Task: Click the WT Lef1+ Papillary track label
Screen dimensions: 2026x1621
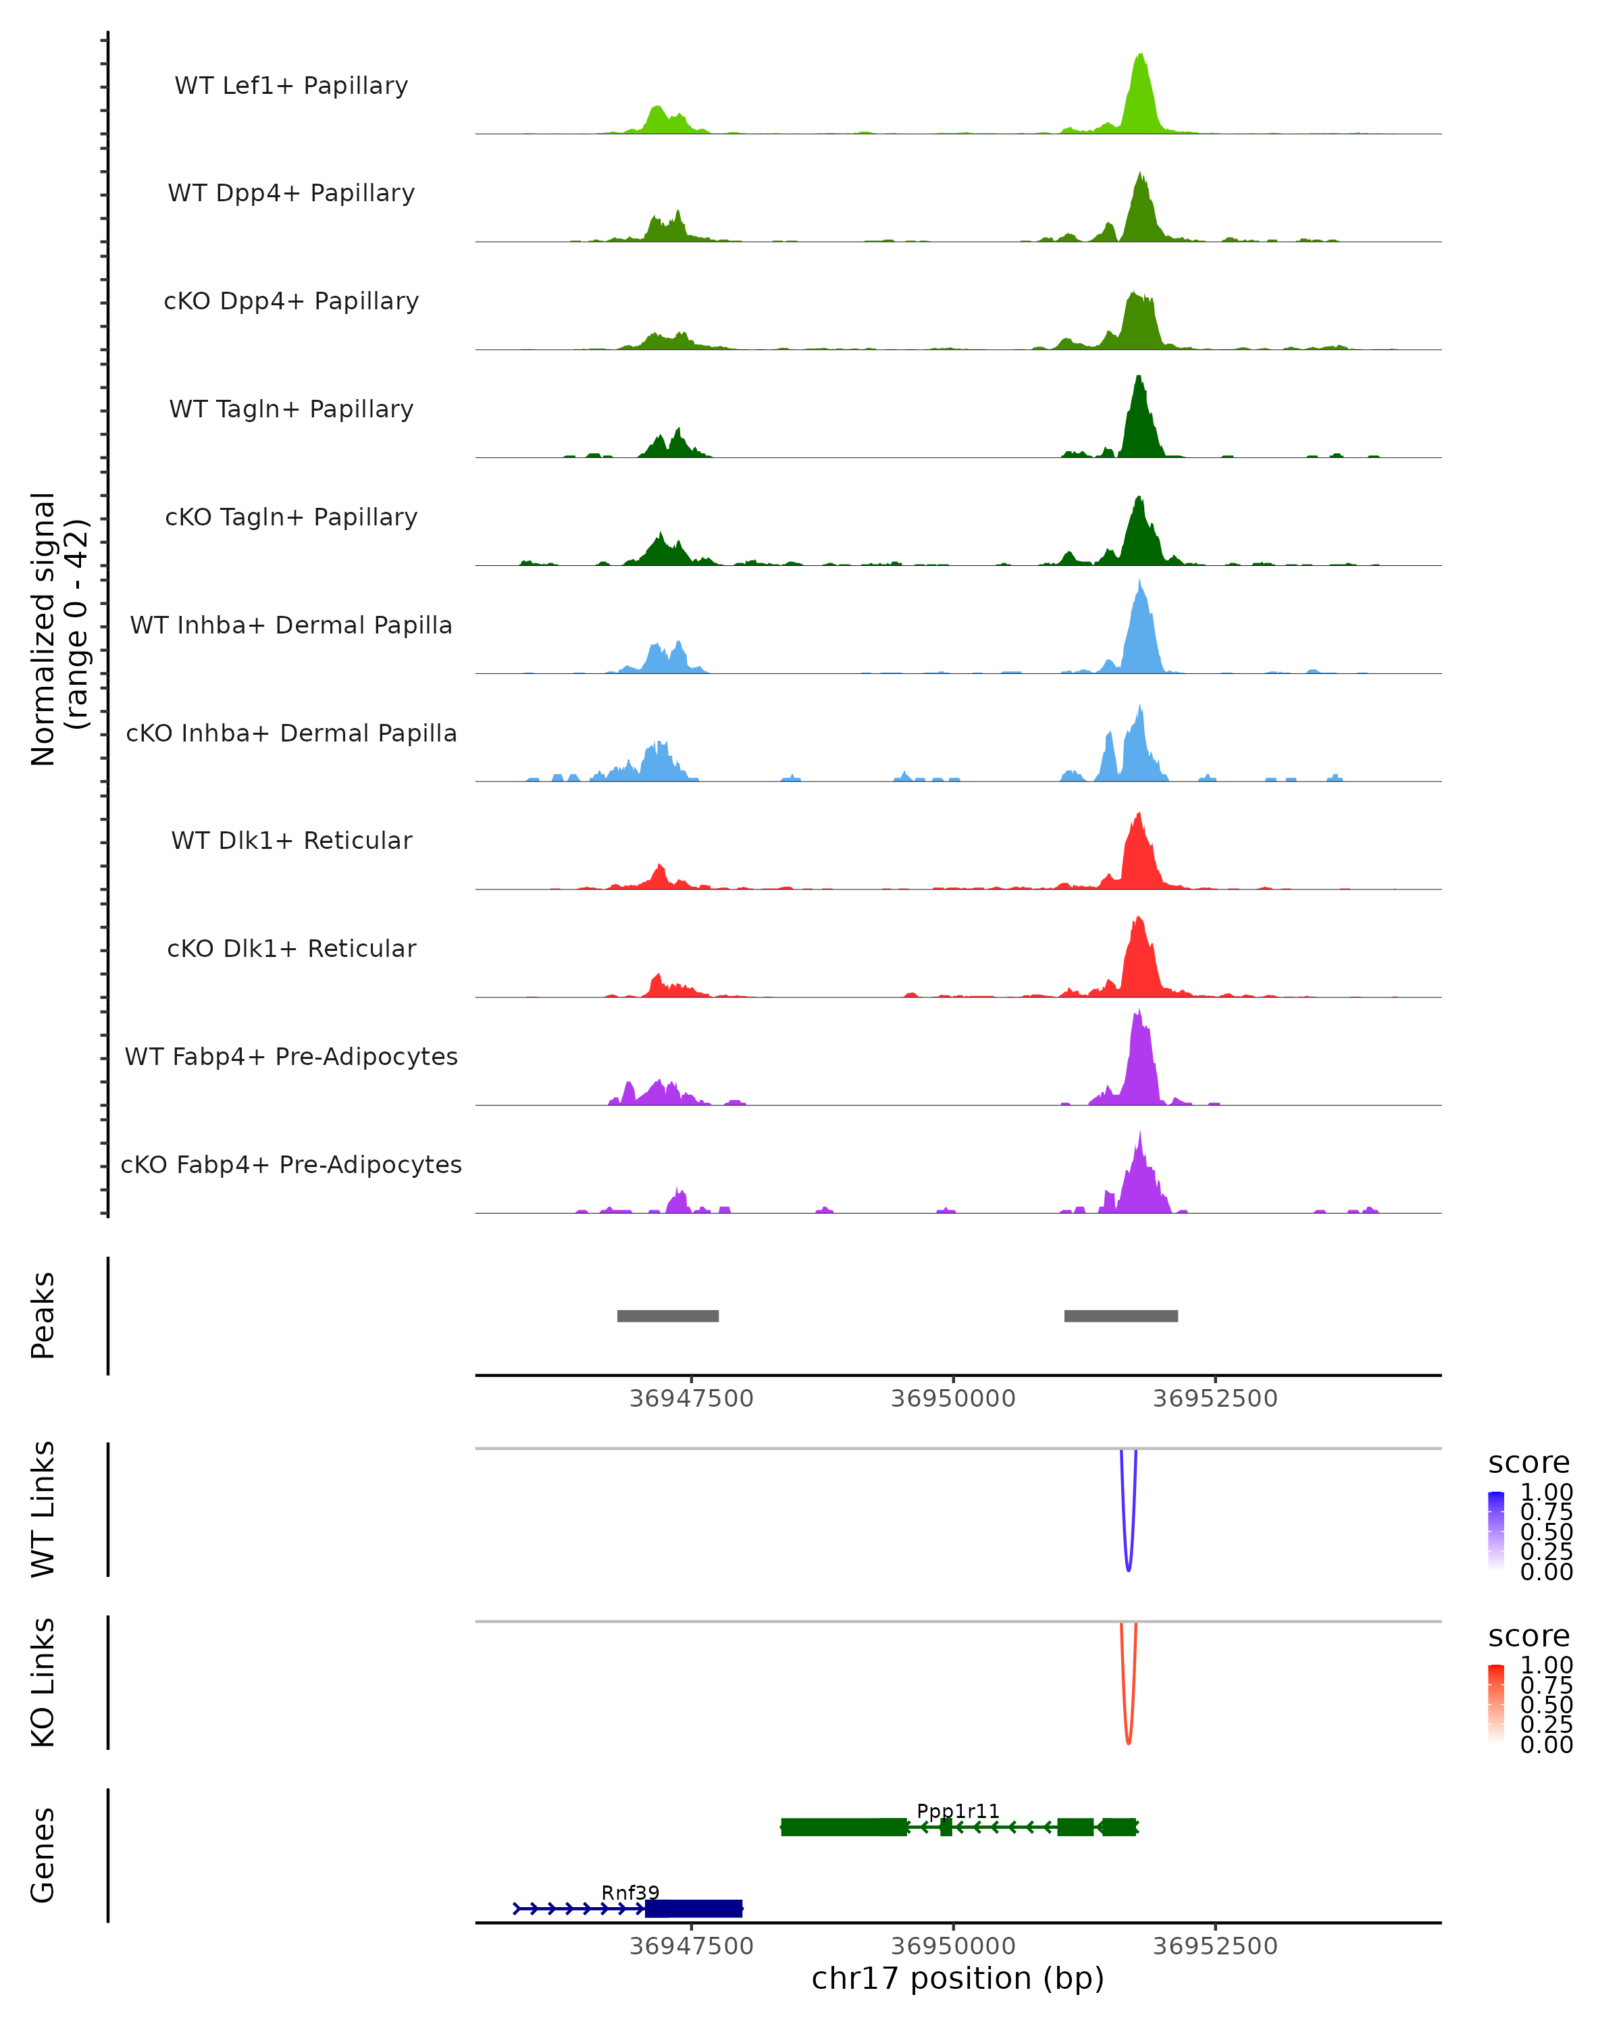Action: coord(291,86)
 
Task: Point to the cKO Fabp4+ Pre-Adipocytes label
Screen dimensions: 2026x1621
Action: coord(291,1164)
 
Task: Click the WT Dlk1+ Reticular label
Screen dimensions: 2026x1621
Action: coord(291,840)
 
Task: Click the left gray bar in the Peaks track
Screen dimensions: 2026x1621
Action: coord(668,1316)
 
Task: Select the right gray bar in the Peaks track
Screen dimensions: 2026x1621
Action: coord(1121,1316)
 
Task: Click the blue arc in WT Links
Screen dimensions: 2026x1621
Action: coord(1129,1565)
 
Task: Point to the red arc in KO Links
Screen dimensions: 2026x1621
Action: coord(1129,1738)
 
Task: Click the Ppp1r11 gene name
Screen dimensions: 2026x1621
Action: coord(958,1811)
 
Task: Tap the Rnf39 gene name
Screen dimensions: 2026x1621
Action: coord(631,1892)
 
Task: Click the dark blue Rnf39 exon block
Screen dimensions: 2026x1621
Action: coord(694,1908)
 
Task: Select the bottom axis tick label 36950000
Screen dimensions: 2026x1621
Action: coord(953,1946)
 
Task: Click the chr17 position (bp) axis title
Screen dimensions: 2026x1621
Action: coord(958,1979)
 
